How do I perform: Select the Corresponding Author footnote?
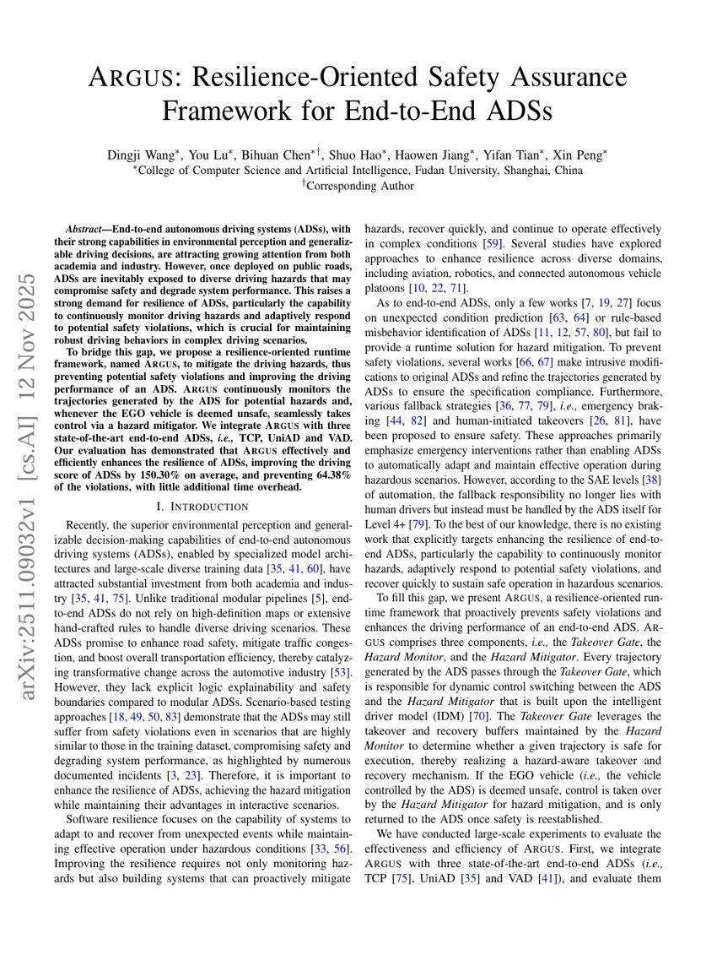pyautogui.click(x=359, y=186)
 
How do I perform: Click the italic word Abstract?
pyautogui.click(x=83, y=229)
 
